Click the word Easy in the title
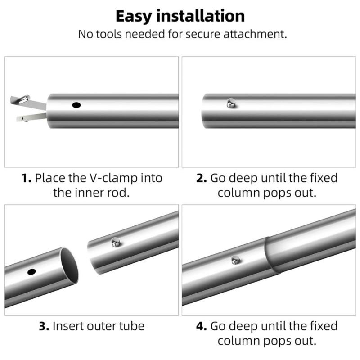(x=134, y=17)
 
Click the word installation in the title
(x=201, y=16)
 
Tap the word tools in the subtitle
(x=109, y=34)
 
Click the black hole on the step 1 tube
(x=76, y=105)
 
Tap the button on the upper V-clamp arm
(x=24, y=99)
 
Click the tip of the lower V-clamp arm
(x=17, y=119)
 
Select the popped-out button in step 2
(x=231, y=103)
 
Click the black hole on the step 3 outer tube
(x=31, y=272)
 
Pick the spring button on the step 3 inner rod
(x=116, y=243)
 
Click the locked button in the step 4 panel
(x=236, y=260)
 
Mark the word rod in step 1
(x=118, y=193)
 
